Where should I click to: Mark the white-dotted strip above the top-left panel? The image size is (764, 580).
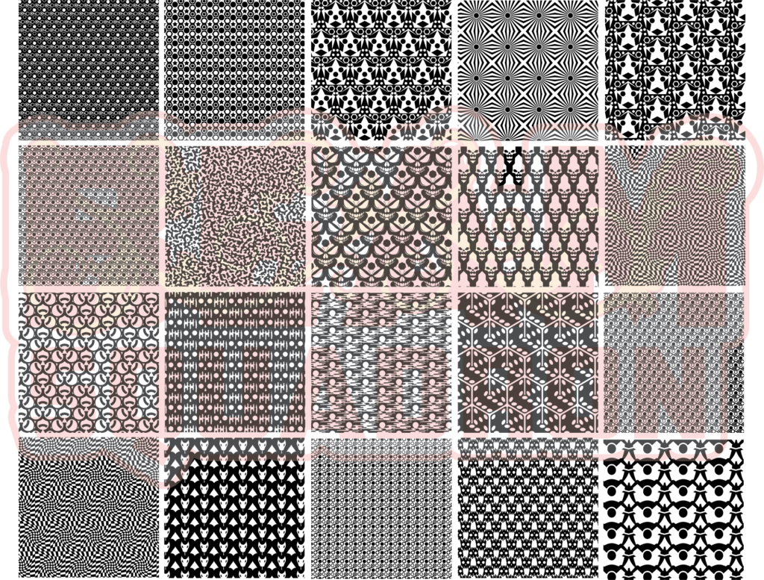point(90,131)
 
